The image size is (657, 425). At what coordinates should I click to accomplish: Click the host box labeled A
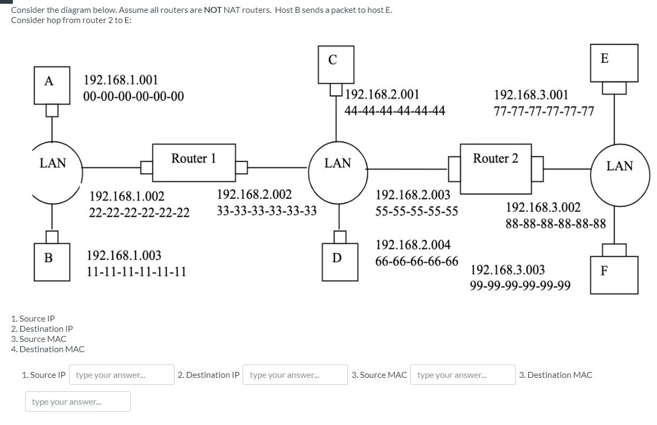pyautogui.click(x=52, y=85)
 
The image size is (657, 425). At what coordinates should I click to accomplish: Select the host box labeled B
pyautogui.click(x=52, y=262)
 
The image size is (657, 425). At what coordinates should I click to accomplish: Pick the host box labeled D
pyautogui.click(x=339, y=262)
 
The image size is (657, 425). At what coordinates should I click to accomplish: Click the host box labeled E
pyautogui.click(x=614, y=63)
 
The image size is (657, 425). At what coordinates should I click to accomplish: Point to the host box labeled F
pyautogui.click(x=614, y=274)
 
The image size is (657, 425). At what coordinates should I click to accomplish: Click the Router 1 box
pyautogui.click(x=193, y=162)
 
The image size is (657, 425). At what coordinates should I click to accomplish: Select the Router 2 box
pyautogui.click(x=495, y=168)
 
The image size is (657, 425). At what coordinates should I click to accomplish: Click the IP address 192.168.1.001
pyautogui.click(x=120, y=80)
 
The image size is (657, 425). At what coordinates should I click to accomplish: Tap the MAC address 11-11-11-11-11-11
pyautogui.click(x=136, y=272)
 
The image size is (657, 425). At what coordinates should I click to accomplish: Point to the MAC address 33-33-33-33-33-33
pyautogui.click(x=267, y=211)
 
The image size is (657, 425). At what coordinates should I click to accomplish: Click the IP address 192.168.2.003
pyautogui.click(x=413, y=195)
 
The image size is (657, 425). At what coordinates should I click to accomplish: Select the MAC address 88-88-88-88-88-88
pyautogui.click(x=555, y=223)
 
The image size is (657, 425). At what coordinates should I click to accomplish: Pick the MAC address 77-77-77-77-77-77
pyautogui.click(x=543, y=111)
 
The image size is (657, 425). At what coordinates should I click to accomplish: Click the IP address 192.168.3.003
pyautogui.click(x=508, y=270)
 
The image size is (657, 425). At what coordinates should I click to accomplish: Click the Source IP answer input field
pyautogui.click(x=122, y=375)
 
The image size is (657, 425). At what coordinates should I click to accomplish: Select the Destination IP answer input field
pyautogui.click(x=295, y=375)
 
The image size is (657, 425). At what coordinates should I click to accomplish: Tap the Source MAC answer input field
pyautogui.click(x=463, y=375)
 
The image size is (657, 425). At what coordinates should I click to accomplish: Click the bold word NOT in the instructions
pyautogui.click(x=213, y=10)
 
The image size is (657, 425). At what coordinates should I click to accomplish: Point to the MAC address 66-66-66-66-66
pyautogui.click(x=417, y=262)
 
